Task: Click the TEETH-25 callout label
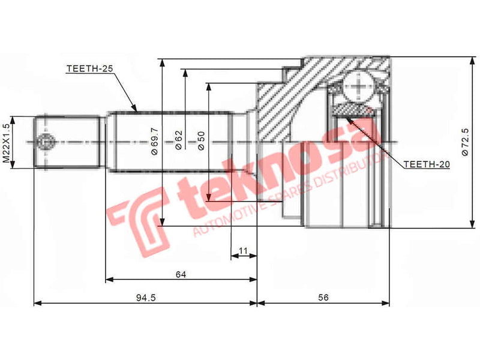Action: click(x=89, y=70)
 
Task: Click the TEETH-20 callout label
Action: click(x=426, y=163)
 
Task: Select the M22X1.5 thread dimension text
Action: click(x=7, y=143)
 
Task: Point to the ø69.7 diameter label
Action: click(x=155, y=142)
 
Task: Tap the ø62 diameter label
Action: click(x=179, y=142)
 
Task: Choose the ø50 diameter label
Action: click(x=202, y=142)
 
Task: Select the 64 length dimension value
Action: click(x=181, y=274)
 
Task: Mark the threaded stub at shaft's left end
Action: click(x=66, y=142)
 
